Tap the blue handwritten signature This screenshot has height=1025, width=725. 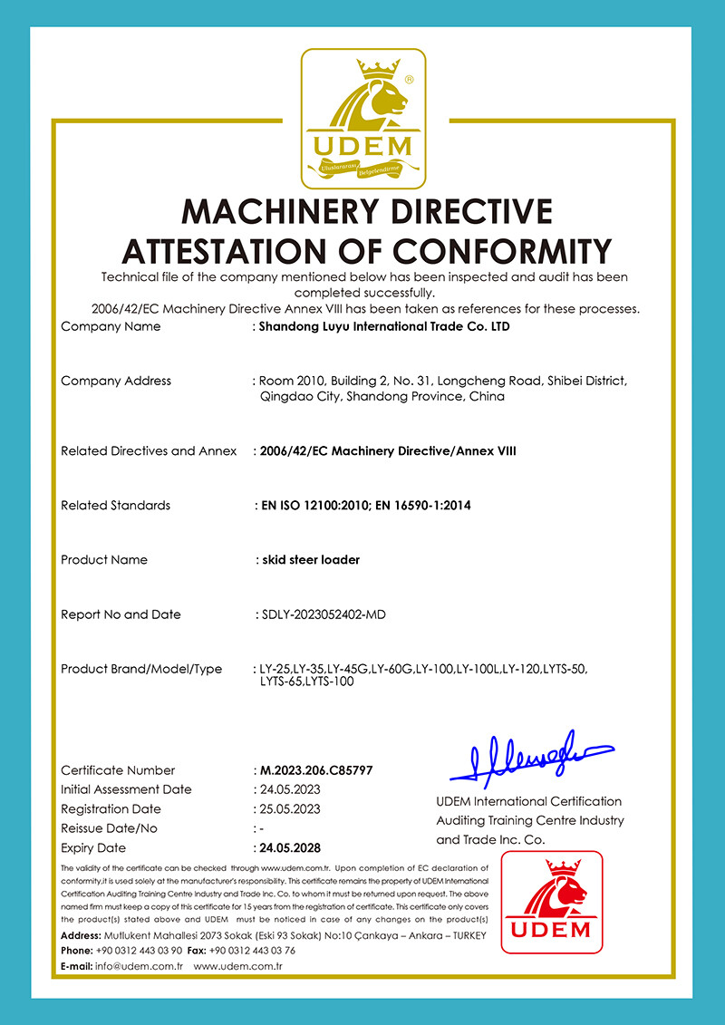pyautogui.click(x=531, y=756)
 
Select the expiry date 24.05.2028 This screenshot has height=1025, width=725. pyautogui.click(x=289, y=848)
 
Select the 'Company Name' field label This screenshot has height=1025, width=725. pyautogui.click(x=111, y=326)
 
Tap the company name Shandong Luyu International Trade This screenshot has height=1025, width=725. pyautogui.click(x=384, y=326)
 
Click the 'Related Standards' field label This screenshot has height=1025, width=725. pyautogui.click(x=115, y=505)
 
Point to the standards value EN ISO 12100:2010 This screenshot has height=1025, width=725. pyautogui.click(x=314, y=505)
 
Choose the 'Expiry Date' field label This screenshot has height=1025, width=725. pyautogui.click(x=93, y=848)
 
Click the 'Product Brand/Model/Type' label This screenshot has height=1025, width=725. pyautogui.click(x=141, y=669)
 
